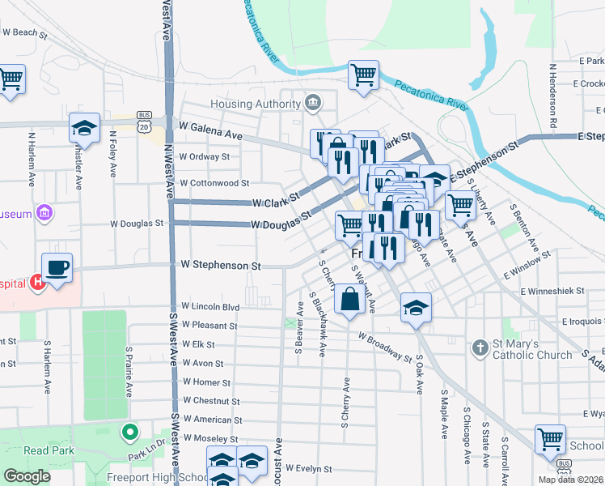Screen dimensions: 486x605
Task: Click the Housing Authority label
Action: tap(256, 104)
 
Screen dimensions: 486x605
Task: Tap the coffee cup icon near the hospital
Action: tap(57, 267)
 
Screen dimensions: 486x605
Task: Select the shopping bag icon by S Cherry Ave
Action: tap(349, 300)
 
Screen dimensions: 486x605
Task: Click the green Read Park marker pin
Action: tap(129, 432)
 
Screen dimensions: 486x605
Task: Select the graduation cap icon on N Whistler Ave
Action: tap(84, 127)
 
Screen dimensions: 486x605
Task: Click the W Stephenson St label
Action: tap(220, 265)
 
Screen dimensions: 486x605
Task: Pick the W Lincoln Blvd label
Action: tap(210, 307)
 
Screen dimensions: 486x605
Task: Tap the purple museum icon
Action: tap(46, 214)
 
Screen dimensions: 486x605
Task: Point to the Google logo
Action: tap(27, 476)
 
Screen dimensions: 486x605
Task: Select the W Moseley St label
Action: tap(212, 438)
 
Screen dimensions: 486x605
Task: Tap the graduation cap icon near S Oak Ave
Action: tap(416, 308)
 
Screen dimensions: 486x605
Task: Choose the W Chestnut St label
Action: tap(211, 401)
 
